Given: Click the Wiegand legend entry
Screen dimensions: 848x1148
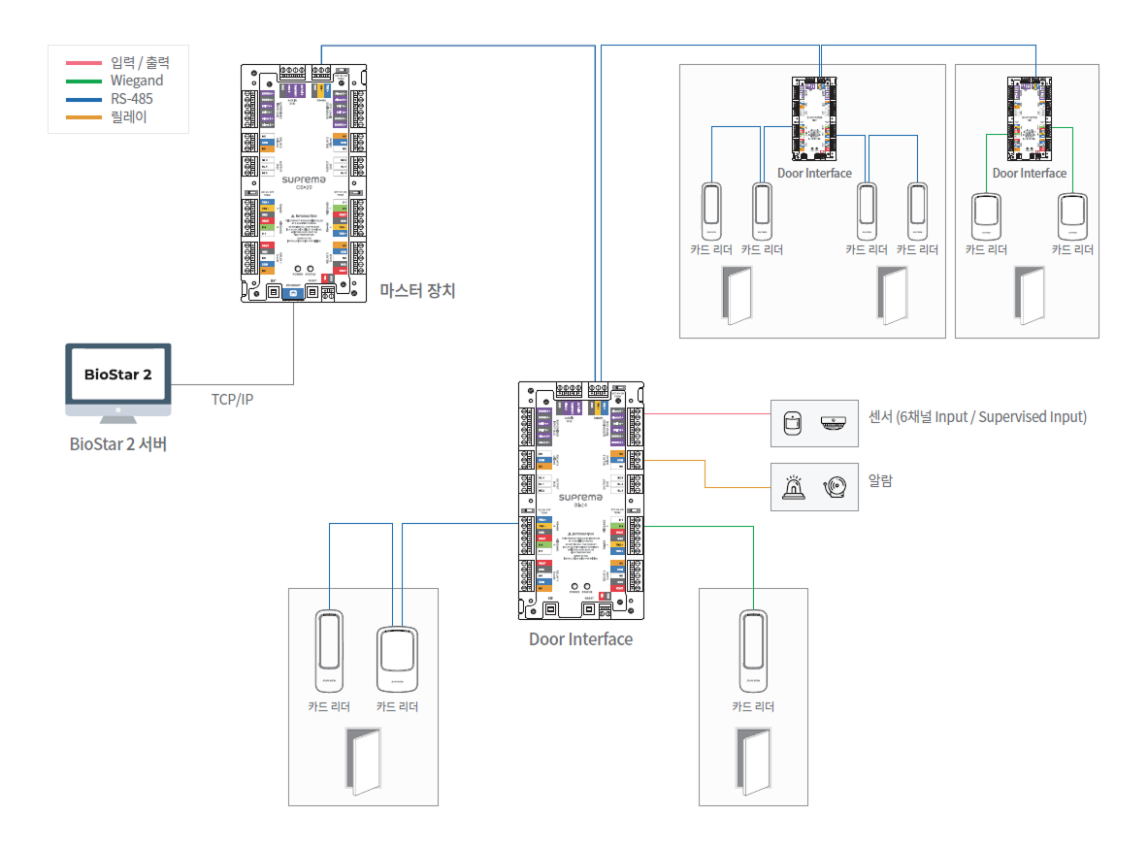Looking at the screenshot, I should pos(136,81).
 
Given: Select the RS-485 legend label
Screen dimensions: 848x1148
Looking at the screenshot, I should pos(131,99).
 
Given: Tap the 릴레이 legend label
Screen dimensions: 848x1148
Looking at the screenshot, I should pos(127,117).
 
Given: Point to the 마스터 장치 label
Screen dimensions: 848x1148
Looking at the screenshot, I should pos(417,289).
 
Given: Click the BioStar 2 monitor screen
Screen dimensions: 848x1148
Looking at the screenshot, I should pos(117,375).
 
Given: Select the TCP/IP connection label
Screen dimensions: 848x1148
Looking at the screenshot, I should pos(232,399).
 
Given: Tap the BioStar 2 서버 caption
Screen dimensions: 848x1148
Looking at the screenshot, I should pos(117,444).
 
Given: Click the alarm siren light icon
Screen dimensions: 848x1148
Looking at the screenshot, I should pos(794,488).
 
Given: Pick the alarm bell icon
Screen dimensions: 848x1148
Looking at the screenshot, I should pos(836,488).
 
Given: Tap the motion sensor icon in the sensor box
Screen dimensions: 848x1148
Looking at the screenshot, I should pos(793,423).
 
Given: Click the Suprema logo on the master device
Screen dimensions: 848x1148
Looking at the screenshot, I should pos(304,180).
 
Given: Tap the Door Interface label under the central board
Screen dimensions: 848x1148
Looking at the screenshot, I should pos(580,639).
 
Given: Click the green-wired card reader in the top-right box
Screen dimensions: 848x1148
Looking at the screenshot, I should pos(987,216).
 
